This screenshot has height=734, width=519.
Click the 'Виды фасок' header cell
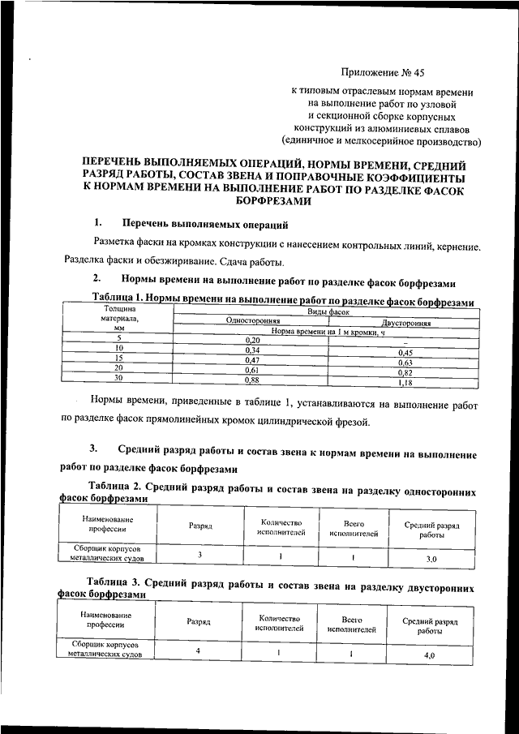(x=328, y=311)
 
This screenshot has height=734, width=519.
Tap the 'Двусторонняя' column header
(x=405, y=323)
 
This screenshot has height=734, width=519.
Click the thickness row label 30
(x=118, y=378)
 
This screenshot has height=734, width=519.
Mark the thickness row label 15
(x=118, y=358)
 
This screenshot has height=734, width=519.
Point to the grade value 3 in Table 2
(x=199, y=554)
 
